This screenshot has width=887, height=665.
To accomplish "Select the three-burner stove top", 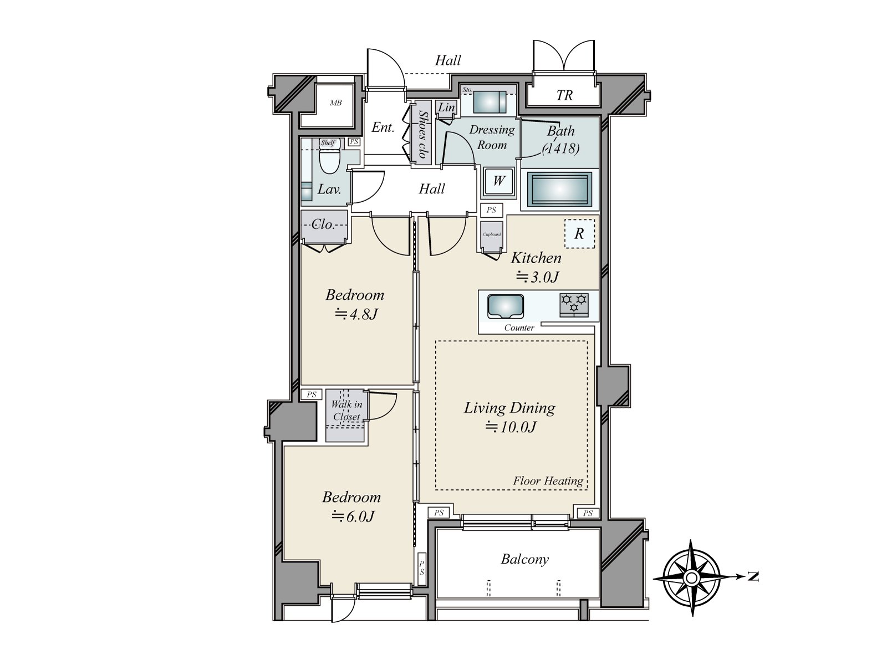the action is coord(574,305).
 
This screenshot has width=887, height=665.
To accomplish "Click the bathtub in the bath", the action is coord(560,190).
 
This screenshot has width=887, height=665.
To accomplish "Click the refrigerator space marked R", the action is coord(579,233).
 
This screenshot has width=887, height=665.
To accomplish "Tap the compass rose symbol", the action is coord(692,578).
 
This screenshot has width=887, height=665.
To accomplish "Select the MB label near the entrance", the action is coord(336,103).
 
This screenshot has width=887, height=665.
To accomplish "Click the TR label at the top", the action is coord(564,95).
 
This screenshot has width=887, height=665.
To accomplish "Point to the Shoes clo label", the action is coord(422,135).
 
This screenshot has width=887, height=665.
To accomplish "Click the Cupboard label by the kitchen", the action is coord(492,234).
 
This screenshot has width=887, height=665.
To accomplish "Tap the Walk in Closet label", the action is coord(346,410).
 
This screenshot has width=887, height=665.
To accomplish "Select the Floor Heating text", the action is coord(548,481).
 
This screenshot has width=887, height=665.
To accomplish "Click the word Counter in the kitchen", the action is coord(519,328).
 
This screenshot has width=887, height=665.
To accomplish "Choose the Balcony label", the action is coord(525,559).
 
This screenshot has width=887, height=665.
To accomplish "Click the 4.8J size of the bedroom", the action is coord(356,314).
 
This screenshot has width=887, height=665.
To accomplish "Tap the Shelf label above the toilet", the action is coord(328,143).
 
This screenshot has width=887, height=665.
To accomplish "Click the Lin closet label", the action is coord(446,108).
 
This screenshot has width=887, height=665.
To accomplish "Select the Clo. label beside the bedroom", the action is coord(323,224).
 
